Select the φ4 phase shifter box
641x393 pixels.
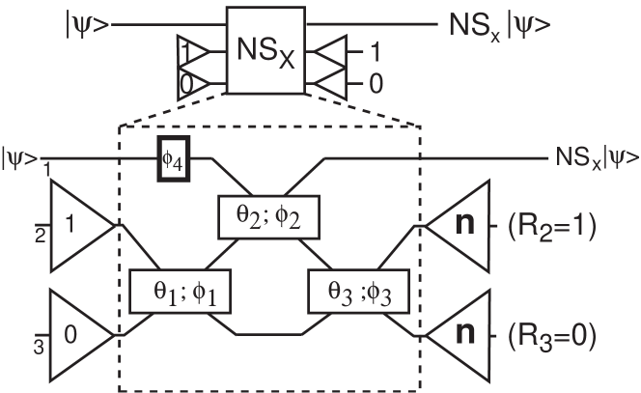173,159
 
